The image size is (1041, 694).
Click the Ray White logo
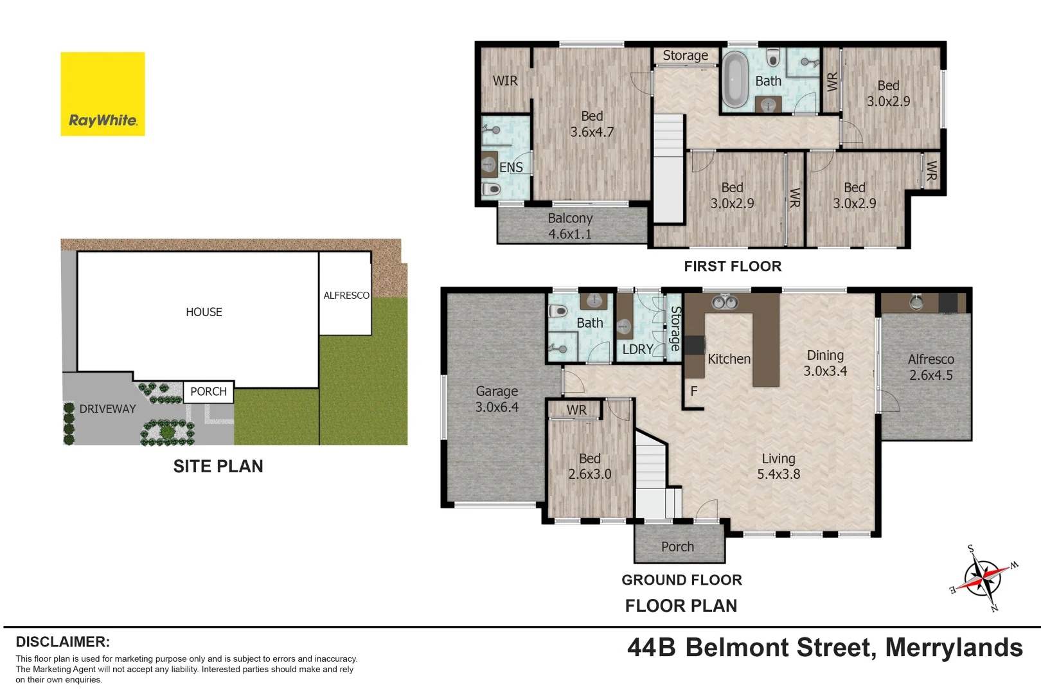[x=103, y=94]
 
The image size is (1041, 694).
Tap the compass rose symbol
[x=982, y=578]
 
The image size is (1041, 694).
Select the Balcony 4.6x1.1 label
[x=570, y=226]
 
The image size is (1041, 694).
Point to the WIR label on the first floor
[x=505, y=81]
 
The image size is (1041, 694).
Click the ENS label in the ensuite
[x=511, y=168]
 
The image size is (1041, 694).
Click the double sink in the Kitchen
[x=724, y=301]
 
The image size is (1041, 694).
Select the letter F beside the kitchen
[x=694, y=391]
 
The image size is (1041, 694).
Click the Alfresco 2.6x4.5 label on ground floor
[x=930, y=367]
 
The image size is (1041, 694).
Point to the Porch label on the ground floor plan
[x=677, y=547]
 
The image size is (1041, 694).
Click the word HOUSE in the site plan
[x=204, y=312]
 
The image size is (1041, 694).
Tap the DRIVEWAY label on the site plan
[x=107, y=409]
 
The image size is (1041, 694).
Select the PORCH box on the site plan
[x=209, y=392]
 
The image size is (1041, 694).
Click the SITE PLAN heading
[x=218, y=467]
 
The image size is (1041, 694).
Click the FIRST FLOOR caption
[x=732, y=267]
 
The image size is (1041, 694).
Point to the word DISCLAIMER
[x=62, y=642]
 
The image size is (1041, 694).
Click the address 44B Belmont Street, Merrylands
[x=824, y=648]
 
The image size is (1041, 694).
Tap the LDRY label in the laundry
[x=637, y=350]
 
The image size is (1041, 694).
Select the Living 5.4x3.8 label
[x=778, y=467]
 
